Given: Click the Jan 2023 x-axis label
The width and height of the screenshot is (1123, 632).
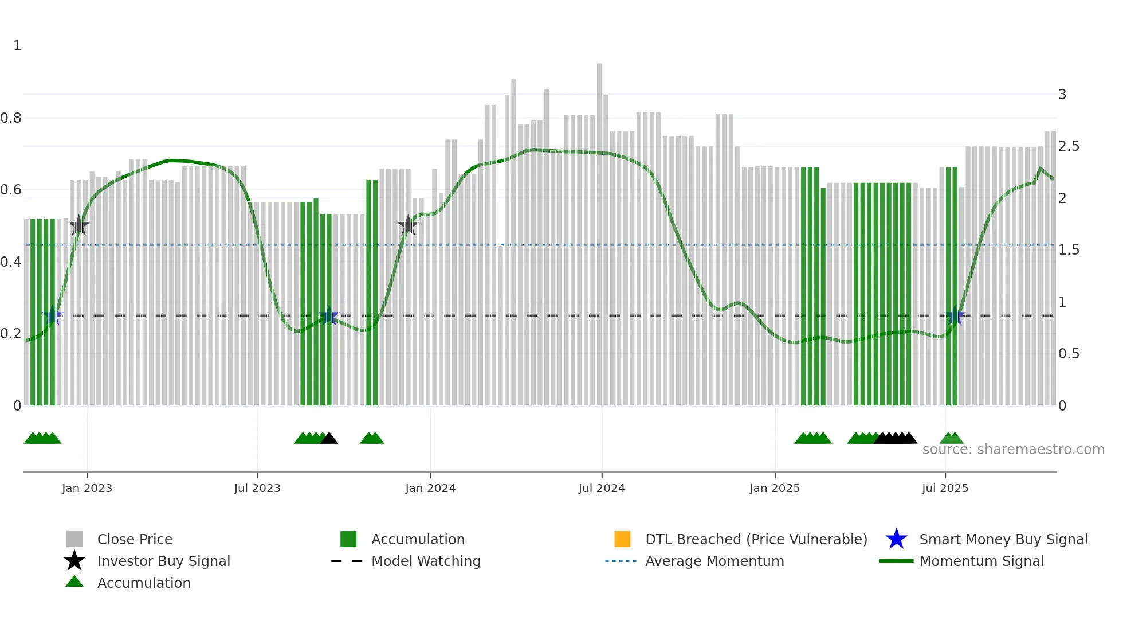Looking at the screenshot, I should point(87,488).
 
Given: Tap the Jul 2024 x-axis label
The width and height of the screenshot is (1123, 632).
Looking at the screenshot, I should point(601,488).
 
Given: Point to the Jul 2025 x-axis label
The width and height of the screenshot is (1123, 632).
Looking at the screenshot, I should point(945,488).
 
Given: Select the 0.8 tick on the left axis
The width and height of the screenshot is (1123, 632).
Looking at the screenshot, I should point(11,118).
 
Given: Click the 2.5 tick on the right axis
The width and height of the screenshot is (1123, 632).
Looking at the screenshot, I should point(1069,146).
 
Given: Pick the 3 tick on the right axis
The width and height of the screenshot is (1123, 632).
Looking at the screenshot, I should point(1062,95).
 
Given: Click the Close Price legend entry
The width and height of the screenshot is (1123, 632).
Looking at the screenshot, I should point(135,539).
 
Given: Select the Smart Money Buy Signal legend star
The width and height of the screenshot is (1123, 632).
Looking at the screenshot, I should point(896,539).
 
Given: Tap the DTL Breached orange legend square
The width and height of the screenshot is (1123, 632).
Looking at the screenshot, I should point(622,539).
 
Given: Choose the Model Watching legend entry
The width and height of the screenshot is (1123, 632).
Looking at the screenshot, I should point(426,561).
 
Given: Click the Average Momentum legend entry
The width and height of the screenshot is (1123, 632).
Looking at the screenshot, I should point(714,561).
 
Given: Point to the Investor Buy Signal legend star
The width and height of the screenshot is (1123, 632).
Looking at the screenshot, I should point(74,561).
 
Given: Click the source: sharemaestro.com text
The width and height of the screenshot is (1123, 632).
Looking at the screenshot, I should point(1013,450).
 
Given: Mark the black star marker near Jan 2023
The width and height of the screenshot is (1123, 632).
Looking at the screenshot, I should point(78,225).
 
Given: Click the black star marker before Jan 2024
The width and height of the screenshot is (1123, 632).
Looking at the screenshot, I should point(408,225).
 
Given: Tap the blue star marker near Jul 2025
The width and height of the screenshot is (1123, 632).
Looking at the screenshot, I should point(955,316).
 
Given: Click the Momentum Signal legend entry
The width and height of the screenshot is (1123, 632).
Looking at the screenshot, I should point(981,561).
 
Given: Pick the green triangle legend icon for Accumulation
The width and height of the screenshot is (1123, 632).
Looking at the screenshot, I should point(74,582).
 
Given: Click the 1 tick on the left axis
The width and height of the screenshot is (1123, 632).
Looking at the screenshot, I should point(17,46).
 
